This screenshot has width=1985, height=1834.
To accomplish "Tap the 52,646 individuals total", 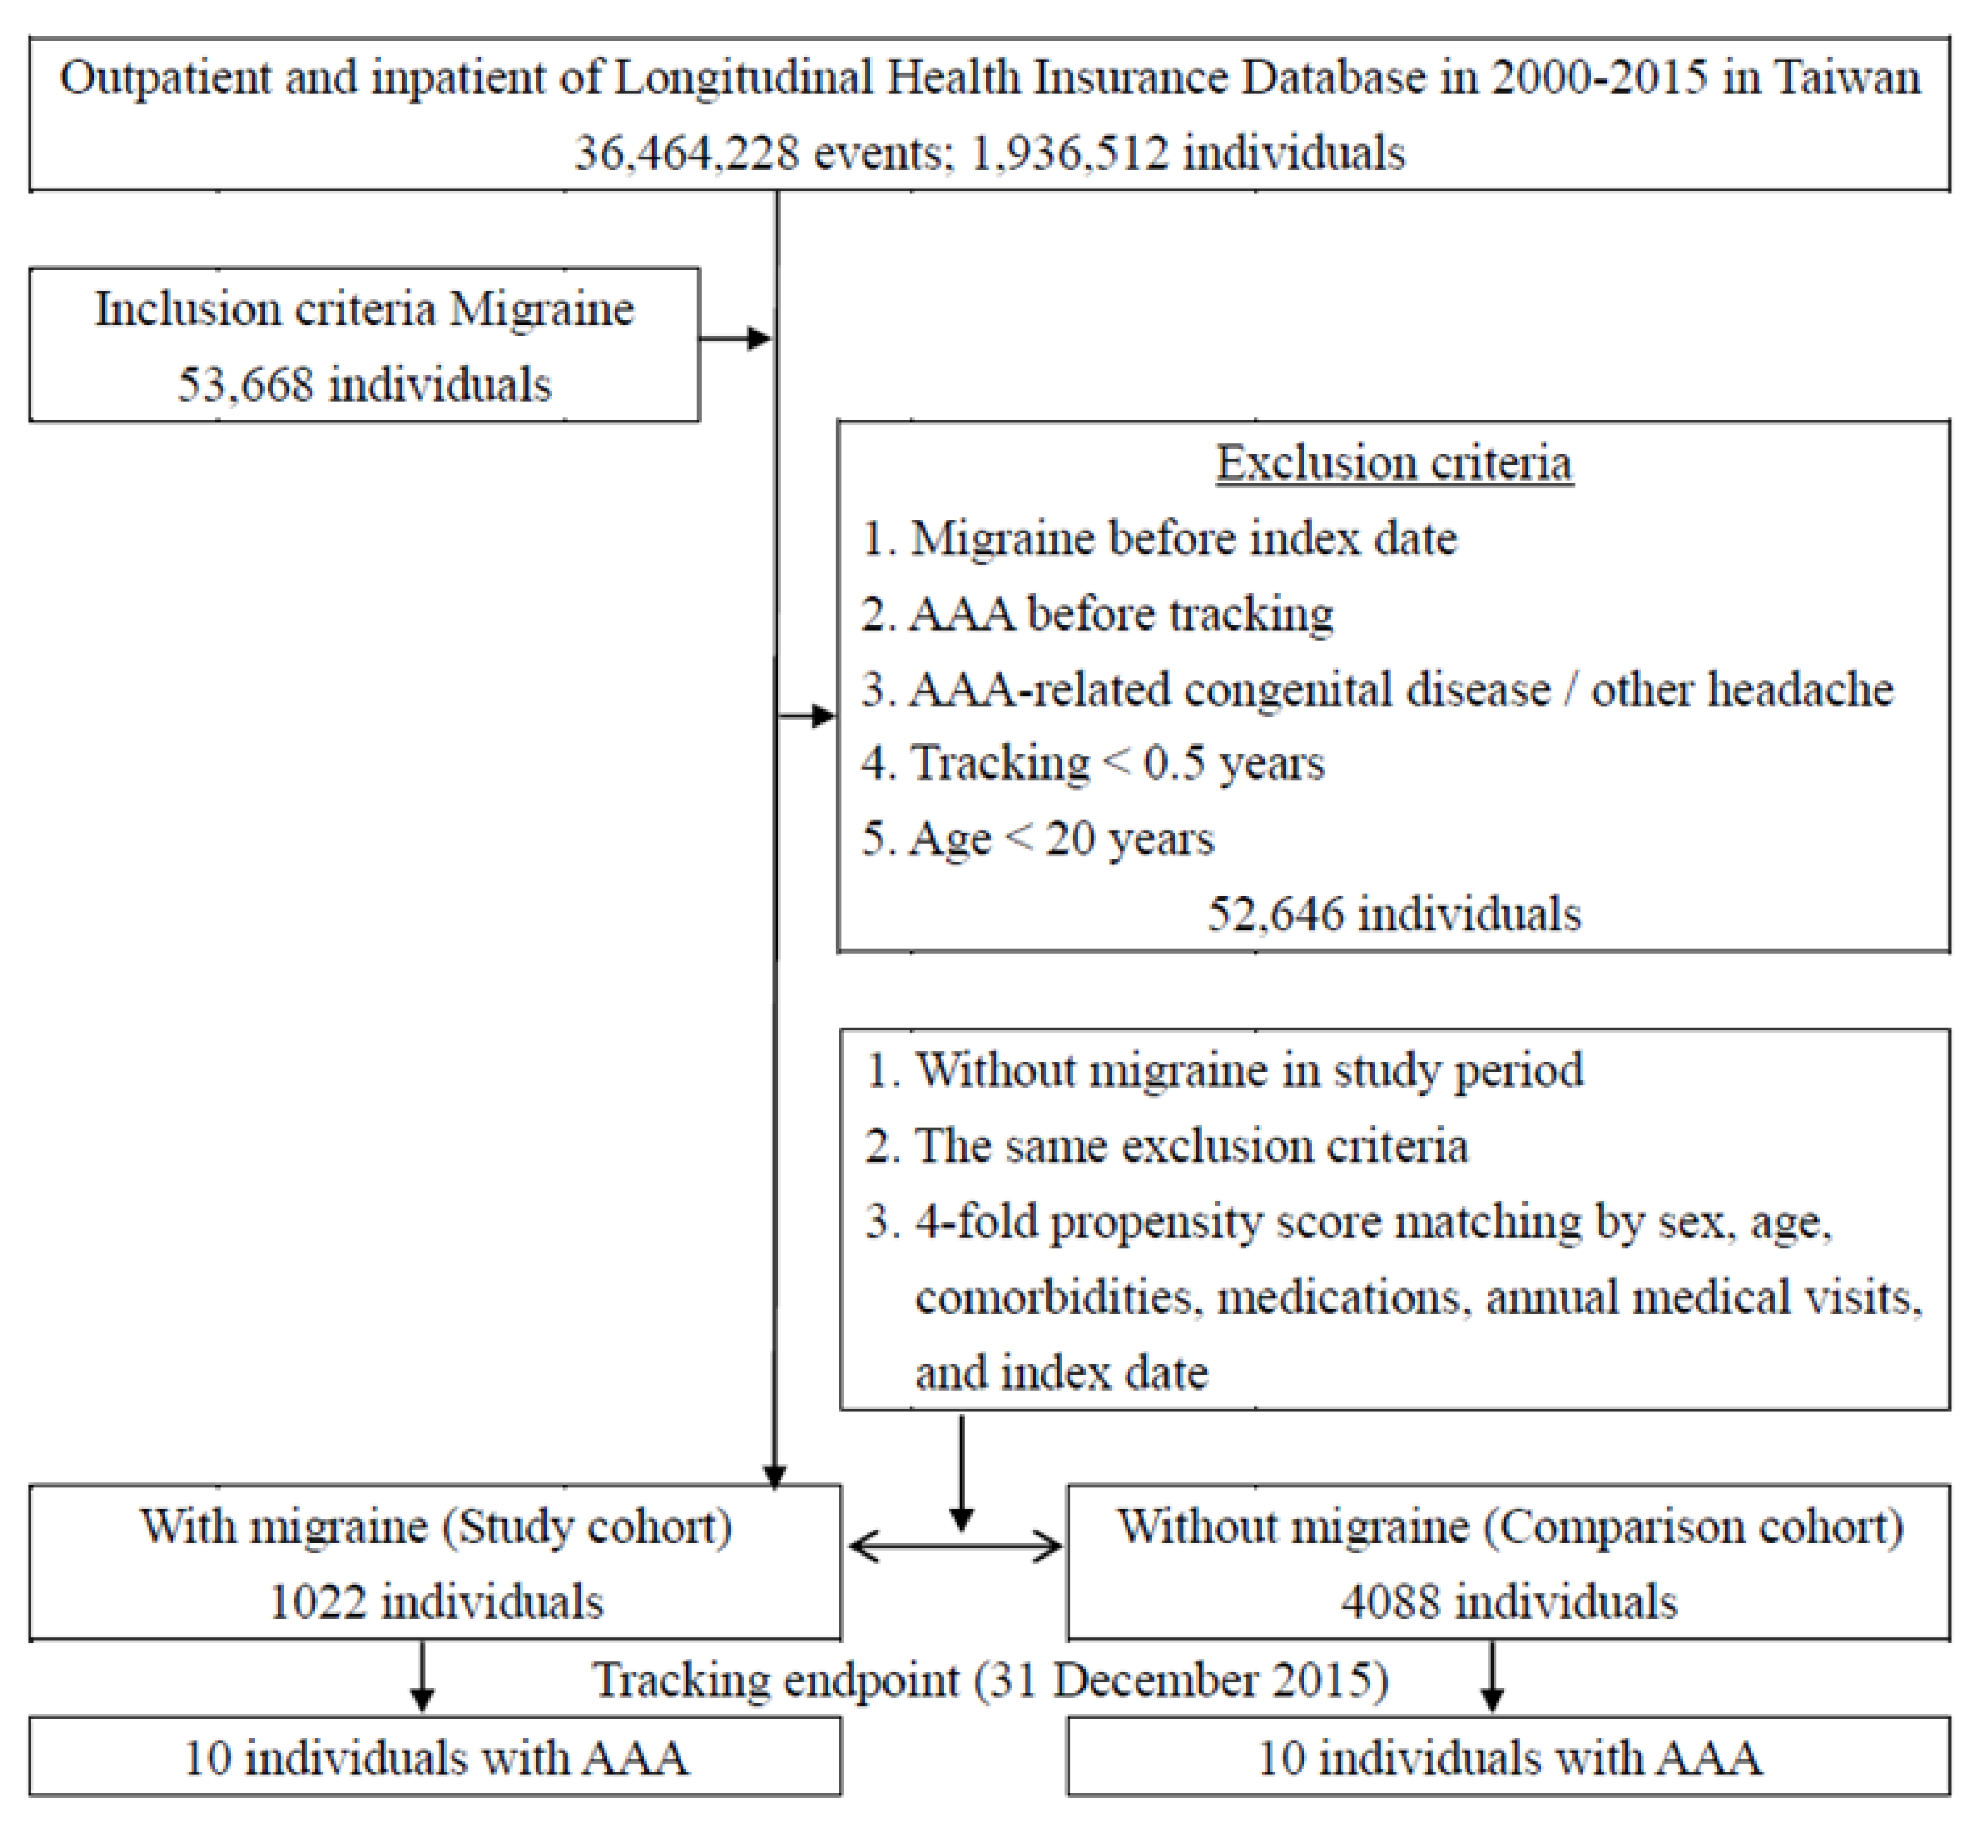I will pos(1394,914).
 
